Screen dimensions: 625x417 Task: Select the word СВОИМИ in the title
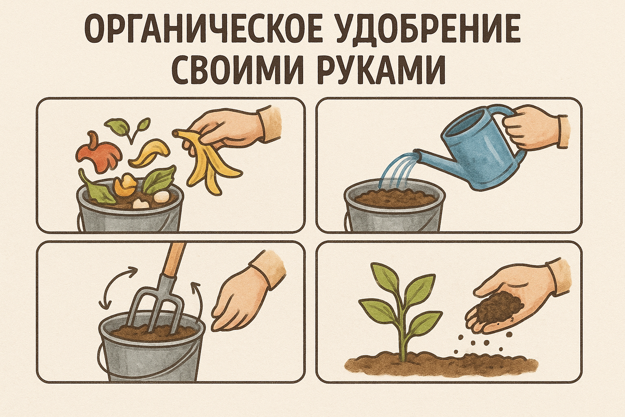tap(237, 70)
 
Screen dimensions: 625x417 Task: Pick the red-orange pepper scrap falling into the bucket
tap(98, 152)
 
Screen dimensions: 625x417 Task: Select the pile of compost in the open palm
tap(498, 306)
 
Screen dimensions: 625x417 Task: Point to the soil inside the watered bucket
tap(395, 198)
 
